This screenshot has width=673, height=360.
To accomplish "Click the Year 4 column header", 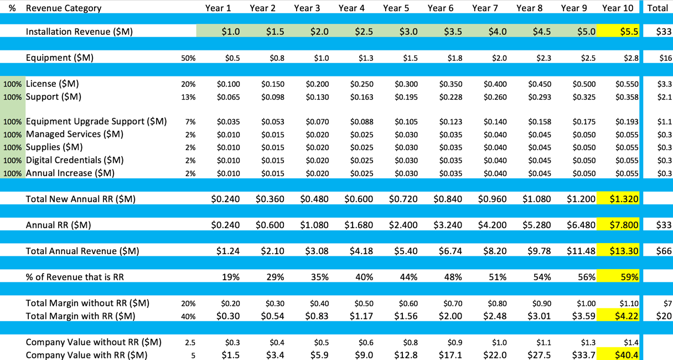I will tap(351, 8).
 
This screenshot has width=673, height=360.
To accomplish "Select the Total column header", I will tap(657, 8).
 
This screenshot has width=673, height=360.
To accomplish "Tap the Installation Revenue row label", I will tap(79, 32).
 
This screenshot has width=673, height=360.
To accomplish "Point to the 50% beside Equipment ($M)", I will tap(188, 58).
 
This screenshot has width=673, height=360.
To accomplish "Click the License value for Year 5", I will tap(406, 84).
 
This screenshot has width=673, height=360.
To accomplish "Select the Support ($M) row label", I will tap(53, 97).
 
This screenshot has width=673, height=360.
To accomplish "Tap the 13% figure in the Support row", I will tap(188, 97).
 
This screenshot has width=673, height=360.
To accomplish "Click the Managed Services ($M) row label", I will tap(75, 134).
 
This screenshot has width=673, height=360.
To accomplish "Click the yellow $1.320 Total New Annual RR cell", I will tap(624, 199).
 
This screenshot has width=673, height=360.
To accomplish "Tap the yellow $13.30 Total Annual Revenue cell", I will tap(624, 251).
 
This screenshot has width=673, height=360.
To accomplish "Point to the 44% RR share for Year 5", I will tap(409, 277).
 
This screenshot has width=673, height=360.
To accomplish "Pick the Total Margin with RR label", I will tap(80, 316).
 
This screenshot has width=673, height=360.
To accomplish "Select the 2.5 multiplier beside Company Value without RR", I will tap(191, 342).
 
